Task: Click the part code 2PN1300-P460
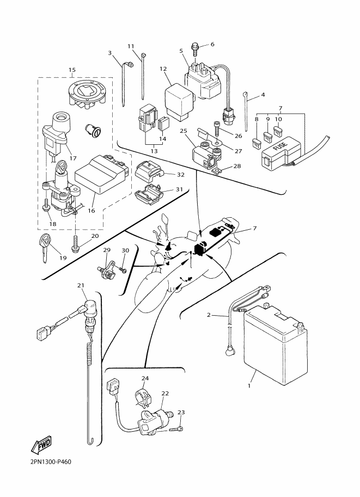pos(47,463)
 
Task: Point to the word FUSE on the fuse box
pos(279,147)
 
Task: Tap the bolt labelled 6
pos(195,49)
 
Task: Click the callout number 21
pos(81,285)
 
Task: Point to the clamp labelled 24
pos(142,397)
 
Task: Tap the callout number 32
pos(181,175)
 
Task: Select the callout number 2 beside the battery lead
pos(209,315)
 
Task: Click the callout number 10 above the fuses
pos(278,119)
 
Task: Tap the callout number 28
pos(237,165)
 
